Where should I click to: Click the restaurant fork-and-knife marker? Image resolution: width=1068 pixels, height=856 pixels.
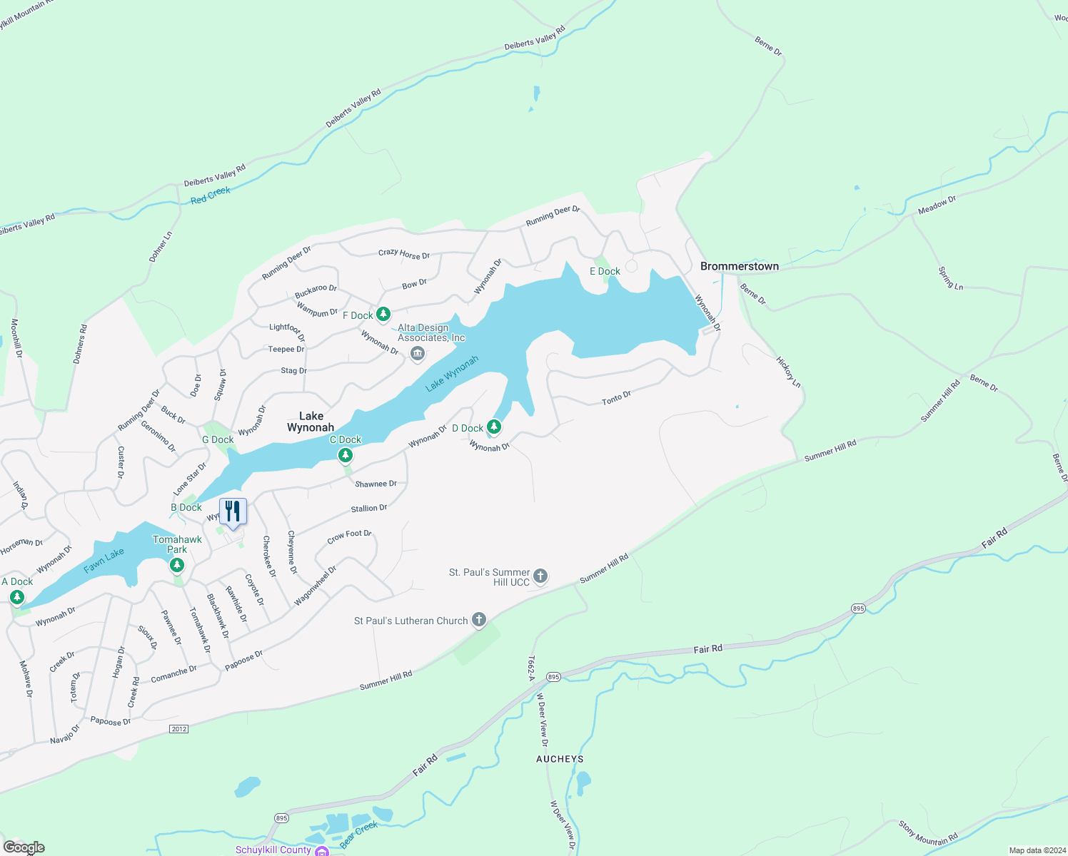coord(233,511)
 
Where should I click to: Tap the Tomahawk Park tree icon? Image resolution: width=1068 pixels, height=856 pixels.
coord(177,566)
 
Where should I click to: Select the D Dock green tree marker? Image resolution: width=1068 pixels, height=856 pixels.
coord(493,427)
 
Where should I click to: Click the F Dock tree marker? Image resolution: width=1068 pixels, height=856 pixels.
coord(383,314)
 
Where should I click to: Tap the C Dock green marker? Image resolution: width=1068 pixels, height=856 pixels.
coord(346,454)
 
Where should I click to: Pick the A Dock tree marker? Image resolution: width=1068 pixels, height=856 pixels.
coord(16,596)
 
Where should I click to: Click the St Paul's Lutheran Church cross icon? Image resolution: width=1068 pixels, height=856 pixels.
coord(479,620)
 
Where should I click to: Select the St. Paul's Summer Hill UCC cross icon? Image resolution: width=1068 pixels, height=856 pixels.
coord(540,576)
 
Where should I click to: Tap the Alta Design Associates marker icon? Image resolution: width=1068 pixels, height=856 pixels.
coord(418,353)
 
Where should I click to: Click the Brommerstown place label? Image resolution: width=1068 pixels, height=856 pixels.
coord(739,266)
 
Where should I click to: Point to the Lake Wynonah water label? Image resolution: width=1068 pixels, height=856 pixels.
coord(452,374)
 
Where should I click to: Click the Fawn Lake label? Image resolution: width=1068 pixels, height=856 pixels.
coord(104,561)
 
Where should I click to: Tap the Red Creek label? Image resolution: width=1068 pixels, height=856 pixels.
coord(211,195)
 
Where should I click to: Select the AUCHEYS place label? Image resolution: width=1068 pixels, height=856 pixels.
coord(560,759)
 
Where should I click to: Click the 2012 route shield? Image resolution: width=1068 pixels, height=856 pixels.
coord(178,728)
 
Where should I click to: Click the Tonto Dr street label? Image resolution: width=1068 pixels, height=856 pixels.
coord(616,398)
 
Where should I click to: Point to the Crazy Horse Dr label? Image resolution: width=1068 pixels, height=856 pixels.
coord(404,253)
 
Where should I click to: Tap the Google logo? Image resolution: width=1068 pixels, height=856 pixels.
coord(24,847)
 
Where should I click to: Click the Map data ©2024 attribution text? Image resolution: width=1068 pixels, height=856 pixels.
coord(1035,850)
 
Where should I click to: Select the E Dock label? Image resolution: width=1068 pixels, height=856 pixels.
coord(605,271)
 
